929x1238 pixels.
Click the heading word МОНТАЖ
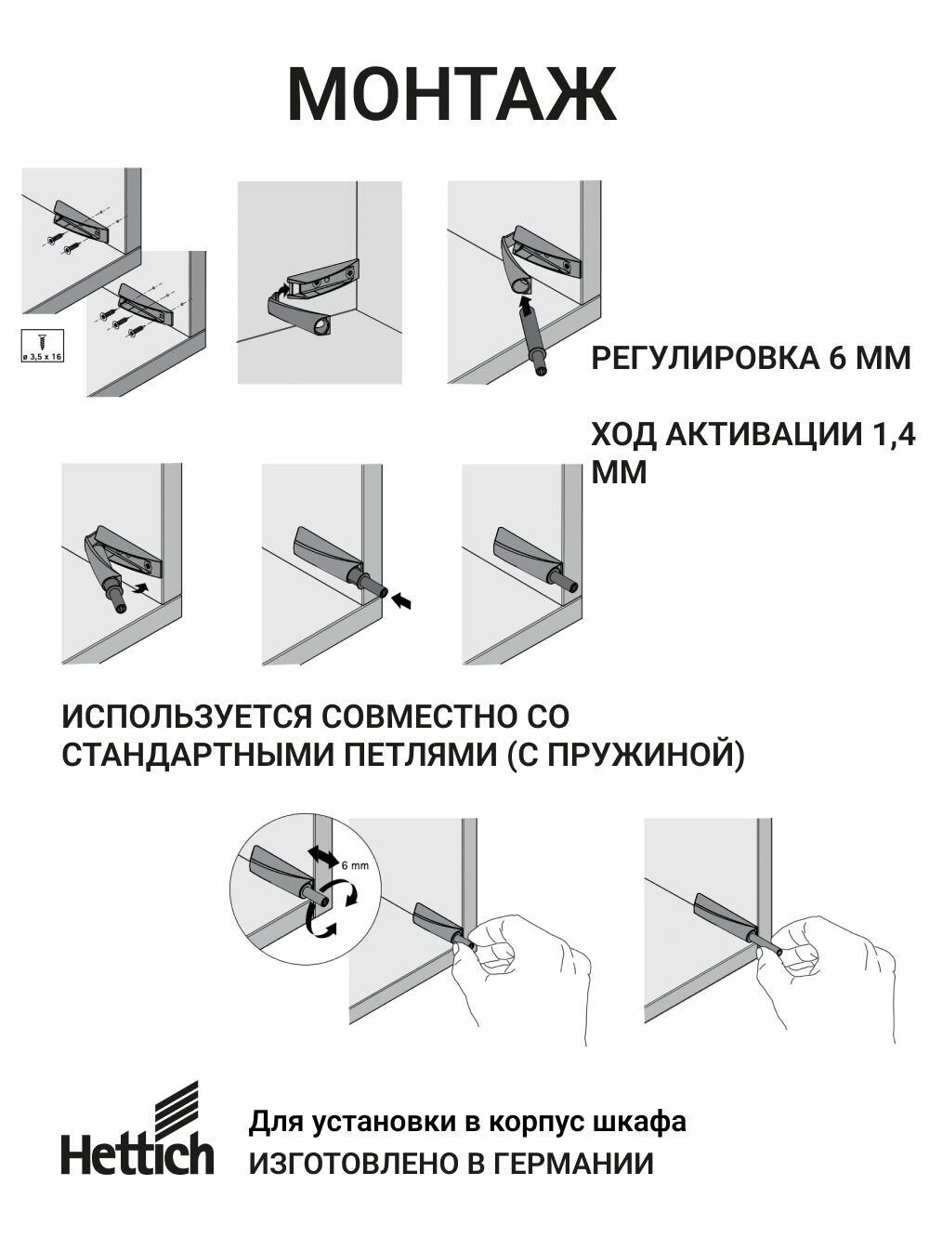451,95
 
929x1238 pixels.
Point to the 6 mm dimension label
355,865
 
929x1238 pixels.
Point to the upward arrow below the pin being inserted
526,304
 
